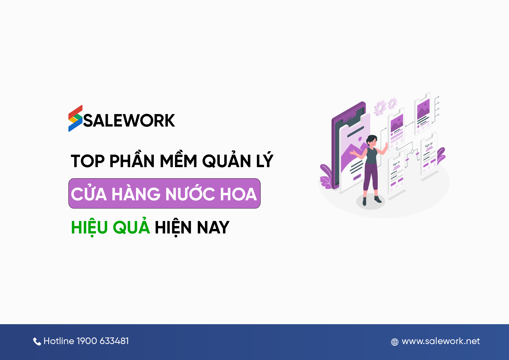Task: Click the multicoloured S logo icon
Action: click(x=76, y=118)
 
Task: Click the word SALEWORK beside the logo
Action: click(x=129, y=121)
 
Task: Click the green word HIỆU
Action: click(x=89, y=227)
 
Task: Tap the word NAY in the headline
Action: click(x=213, y=228)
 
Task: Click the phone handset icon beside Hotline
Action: click(x=37, y=341)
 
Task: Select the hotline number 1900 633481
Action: click(x=103, y=341)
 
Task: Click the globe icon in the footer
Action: click(x=395, y=342)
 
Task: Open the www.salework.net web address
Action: click(x=441, y=341)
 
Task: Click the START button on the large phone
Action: click(x=357, y=177)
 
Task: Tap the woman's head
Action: click(x=372, y=140)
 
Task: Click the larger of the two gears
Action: click(x=380, y=108)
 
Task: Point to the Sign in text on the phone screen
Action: click(x=396, y=163)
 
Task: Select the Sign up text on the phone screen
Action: click(x=429, y=145)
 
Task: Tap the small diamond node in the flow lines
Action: click(x=412, y=151)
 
